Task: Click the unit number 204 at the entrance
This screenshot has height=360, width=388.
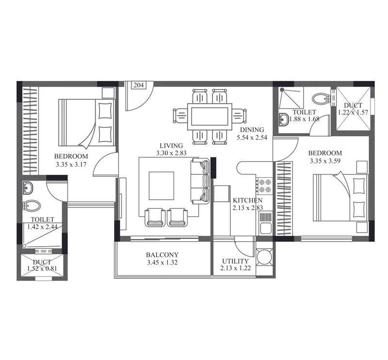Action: coord(139,85)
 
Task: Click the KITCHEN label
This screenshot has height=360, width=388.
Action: coord(247,200)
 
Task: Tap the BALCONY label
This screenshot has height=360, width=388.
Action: coord(162,255)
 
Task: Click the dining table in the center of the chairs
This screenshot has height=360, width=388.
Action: coord(209,116)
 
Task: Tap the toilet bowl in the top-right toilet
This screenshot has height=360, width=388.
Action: coord(319,99)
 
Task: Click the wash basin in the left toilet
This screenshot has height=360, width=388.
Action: coord(28,188)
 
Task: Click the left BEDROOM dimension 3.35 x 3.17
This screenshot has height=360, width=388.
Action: coord(71,164)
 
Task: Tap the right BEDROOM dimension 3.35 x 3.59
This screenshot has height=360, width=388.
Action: coord(325,161)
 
